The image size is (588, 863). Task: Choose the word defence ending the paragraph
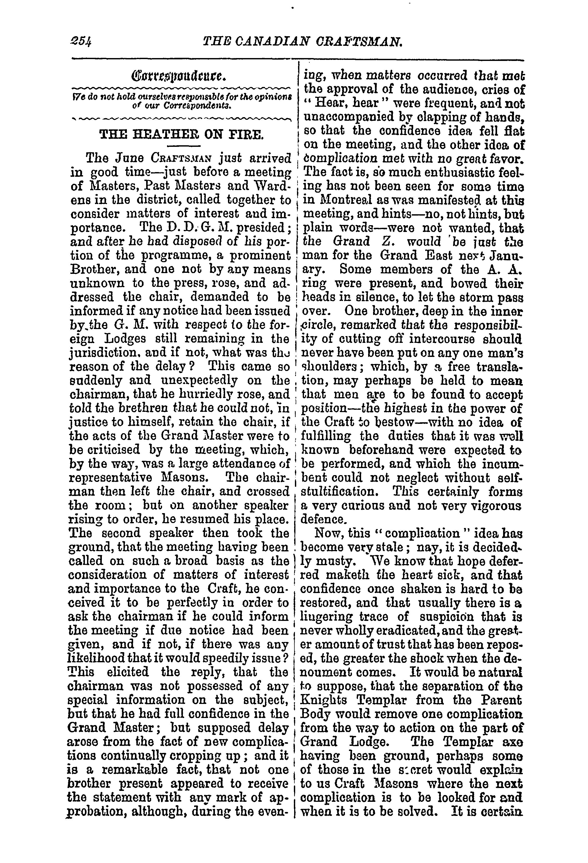[323, 519]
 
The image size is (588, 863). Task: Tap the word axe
[512, 742]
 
